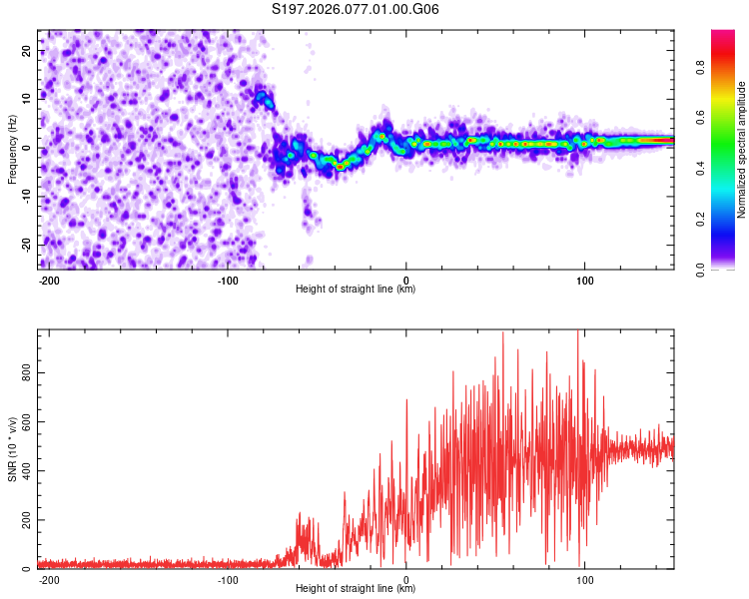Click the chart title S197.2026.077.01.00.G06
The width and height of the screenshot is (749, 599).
tap(357, 10)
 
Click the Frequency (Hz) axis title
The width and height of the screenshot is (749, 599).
tap(13, 150)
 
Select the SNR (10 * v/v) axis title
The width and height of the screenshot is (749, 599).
tap(13, 448)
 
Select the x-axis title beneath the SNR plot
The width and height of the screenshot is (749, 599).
tap(357, 589)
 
